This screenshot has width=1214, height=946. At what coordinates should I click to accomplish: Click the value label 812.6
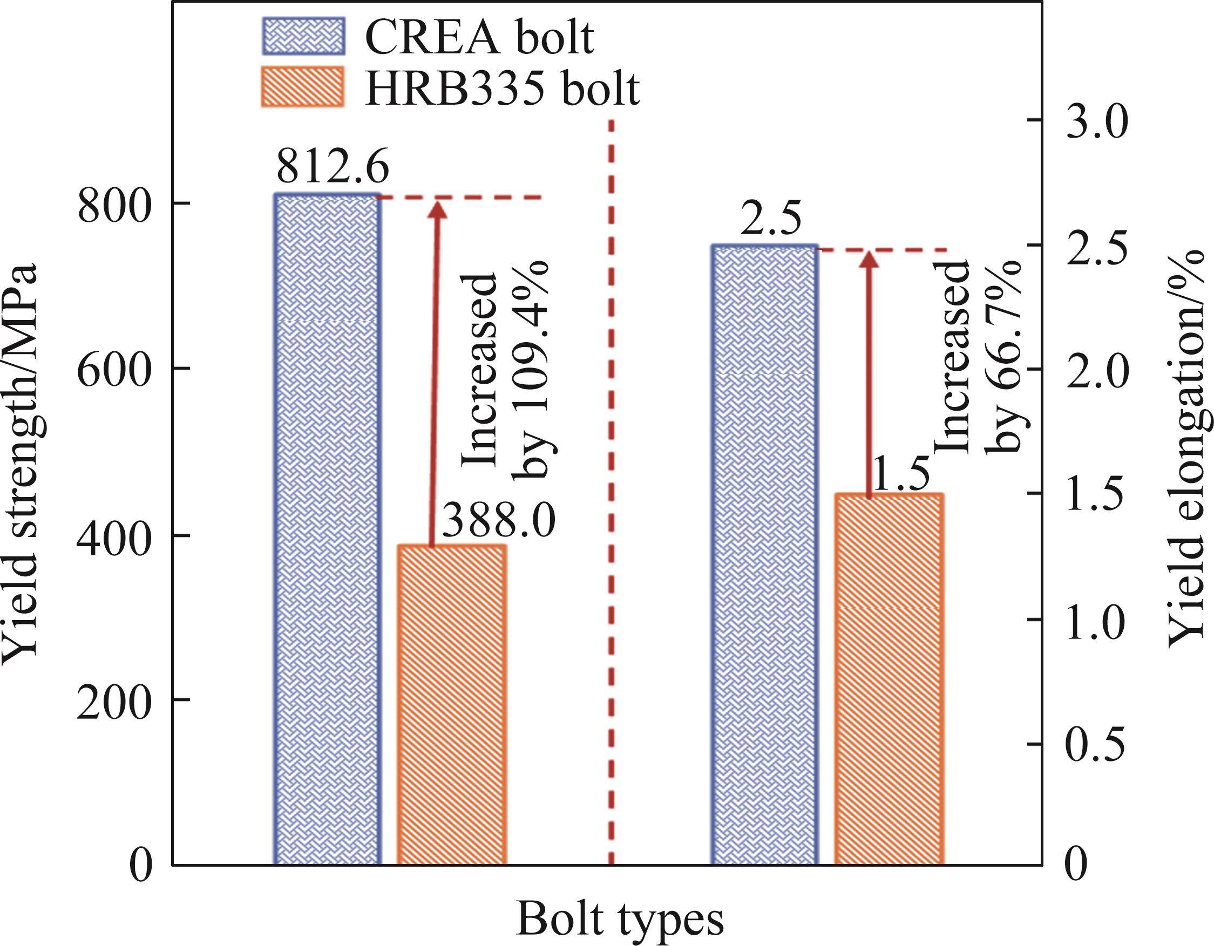click(333, 166)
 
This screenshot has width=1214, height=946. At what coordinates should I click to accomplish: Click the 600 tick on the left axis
click(114, 368)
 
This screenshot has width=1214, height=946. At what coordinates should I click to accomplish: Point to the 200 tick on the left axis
click(114, 700)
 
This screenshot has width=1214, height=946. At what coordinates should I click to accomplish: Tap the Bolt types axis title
click(620, 920)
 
